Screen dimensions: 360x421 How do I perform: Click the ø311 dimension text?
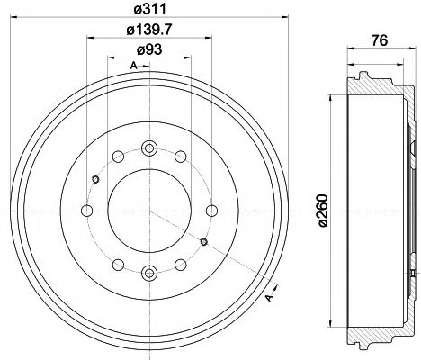coord(148,12)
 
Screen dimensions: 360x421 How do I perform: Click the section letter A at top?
coord(132,67)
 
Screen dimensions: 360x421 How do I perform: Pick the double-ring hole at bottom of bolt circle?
coord(149,273)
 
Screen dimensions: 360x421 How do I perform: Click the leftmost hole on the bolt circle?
coord(87,211)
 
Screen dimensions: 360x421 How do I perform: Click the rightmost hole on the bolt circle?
coord(211,211)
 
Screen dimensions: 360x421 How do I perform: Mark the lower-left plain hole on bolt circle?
coord(119,265)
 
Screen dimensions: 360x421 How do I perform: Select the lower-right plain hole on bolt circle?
coord(180,265)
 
